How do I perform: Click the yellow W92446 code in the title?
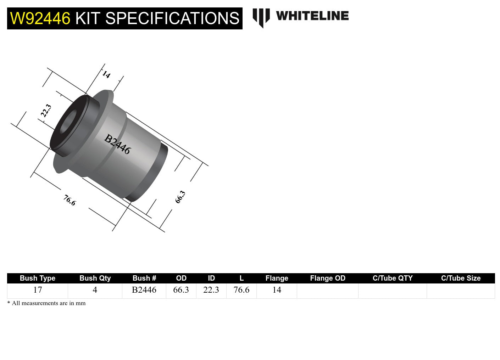tap(40, 18)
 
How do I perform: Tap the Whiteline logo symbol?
tap(261, 17)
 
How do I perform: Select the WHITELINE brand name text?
tap(312, 16)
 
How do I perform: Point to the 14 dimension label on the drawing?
tap(106, 74)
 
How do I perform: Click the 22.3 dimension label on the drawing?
tap(46, 111)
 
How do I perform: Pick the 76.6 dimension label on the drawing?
tap(70, 200)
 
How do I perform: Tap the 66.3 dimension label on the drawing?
tap(180, 197)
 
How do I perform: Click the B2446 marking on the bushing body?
tap(117, 144)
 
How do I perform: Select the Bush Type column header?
tap(37, 278)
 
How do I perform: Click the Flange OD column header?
tap(327, 278)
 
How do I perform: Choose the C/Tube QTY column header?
tap(392, 278)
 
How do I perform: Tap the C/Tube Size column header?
tap(461, 278)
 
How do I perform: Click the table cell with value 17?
tap(38, 290)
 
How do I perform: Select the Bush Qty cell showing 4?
tap(95, 290)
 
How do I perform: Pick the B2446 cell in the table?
tap(144, 290)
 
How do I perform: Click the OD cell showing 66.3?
tap(181, 290)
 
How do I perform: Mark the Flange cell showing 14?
tap(277, 290)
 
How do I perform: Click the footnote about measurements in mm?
tap(46, 303)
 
